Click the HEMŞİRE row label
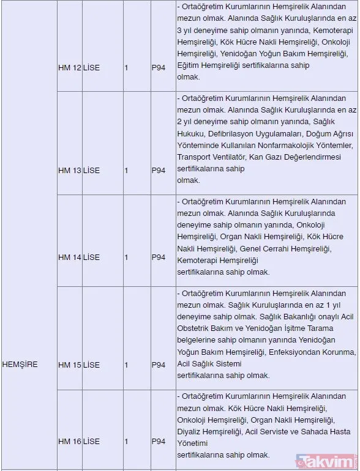[x=20, y=365]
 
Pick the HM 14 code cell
[x=69, y=258]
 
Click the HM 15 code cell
[x=69, y=365]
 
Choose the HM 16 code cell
[x=69, y=441]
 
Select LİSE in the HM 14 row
[x=91, y=258]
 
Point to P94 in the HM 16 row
[x=159, y=441]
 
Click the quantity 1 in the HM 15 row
[x=126, y=365]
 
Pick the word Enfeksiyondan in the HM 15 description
[x=299, y=352]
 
